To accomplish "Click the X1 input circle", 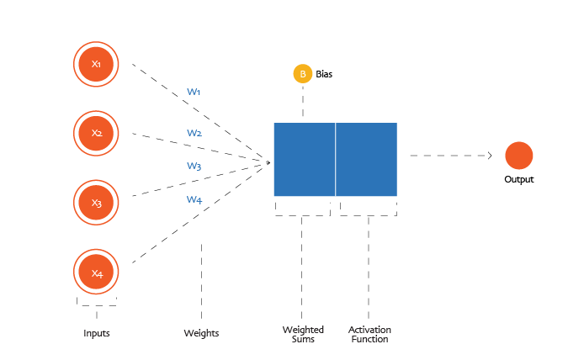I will point(97,63).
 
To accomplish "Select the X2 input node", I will point(97,133).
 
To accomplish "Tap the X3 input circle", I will point(97,203).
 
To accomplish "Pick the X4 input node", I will point(97,273).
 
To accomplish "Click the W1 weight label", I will point(194,92).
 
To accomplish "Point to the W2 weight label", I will point(194,133).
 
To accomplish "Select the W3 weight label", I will point(194,167).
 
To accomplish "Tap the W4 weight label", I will point(194,200).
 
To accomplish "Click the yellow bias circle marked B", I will point(302,74).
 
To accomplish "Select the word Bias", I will point(324,75).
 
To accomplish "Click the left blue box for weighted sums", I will point(304,159).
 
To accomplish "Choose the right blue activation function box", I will point(367,159).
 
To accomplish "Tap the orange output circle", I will point(518,156).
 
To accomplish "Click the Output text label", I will point(518,180).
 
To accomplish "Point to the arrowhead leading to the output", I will point(489,156).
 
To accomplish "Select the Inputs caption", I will point(97,334).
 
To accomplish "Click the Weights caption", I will point(201,334).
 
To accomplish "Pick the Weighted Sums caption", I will point(303,334).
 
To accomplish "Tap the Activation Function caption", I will point(369,334).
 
